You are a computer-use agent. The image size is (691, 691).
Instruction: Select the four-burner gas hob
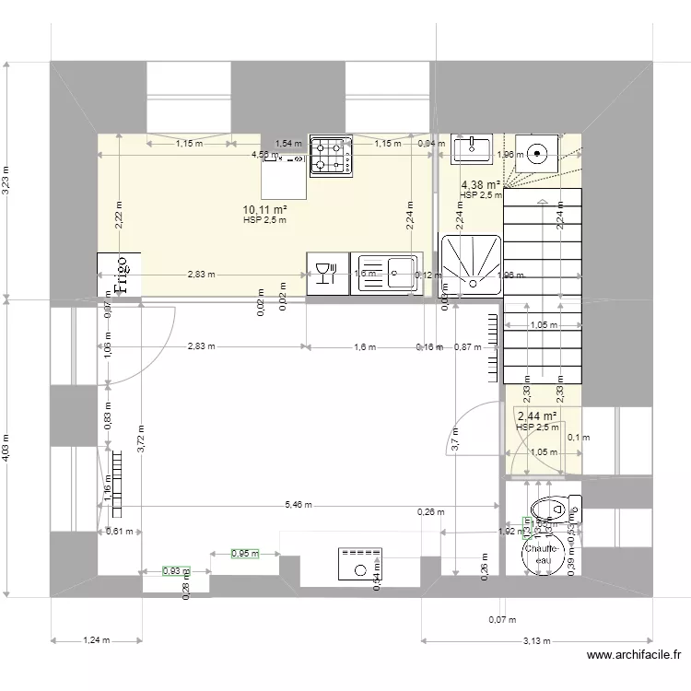[331, 155]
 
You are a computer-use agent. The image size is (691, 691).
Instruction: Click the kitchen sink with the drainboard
[387, 274]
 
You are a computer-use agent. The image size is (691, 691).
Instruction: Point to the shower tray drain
[471, 266]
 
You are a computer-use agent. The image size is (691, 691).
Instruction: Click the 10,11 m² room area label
[264, 210]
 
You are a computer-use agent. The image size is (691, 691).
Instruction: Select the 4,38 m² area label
[481, 184]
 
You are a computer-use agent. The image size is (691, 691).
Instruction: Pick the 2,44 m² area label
[536, 416]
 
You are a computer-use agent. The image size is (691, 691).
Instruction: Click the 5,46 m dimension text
[299, 505]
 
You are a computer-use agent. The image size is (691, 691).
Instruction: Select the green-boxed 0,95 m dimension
[244, 554]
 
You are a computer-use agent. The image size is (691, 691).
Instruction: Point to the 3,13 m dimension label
[531, 642]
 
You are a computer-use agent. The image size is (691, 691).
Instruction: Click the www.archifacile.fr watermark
[633, 656]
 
